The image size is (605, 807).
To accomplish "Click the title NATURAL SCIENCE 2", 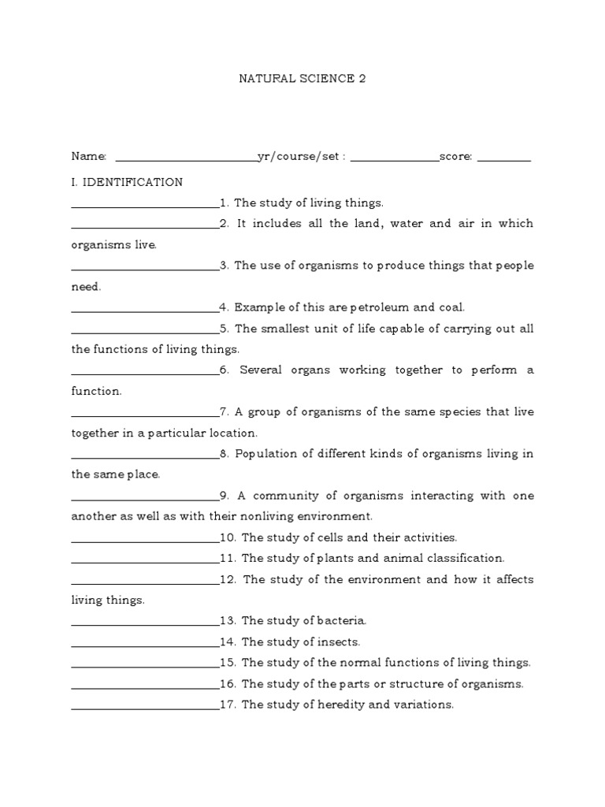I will click(x=302, y=79).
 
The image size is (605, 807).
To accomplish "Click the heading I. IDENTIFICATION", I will click(x=127, y=182).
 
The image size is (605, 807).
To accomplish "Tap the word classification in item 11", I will click(x=466, y=558).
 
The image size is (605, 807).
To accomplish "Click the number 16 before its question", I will click(x=228, y=683).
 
